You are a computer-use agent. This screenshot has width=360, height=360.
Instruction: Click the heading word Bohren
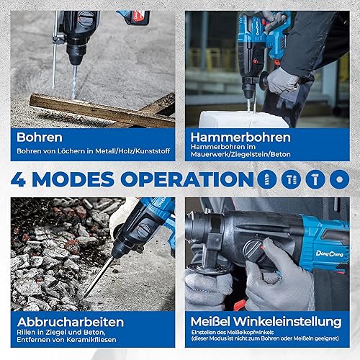pos(40,138)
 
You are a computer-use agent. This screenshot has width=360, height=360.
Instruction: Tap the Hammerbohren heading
pos(240,138)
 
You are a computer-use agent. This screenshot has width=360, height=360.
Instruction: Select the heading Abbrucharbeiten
pos(71,322)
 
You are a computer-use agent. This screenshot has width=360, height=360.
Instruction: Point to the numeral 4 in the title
pos(18,179)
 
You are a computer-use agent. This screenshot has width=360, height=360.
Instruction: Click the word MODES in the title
pos(73,179)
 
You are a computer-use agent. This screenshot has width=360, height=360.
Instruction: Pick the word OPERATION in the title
pos(187,179)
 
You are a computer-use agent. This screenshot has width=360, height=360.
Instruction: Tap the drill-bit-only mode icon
pos(266,179)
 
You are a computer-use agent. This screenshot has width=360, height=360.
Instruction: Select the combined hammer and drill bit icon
pos(291,179)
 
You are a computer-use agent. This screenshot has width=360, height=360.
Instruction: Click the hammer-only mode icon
pos(315,179)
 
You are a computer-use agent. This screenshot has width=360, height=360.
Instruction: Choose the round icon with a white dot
pos(339,179)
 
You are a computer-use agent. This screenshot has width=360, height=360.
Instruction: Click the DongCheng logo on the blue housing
pos(330,253)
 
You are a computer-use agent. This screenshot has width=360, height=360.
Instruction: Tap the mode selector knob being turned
pos(254,251)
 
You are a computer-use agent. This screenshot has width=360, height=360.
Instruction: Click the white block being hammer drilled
pos(243,120)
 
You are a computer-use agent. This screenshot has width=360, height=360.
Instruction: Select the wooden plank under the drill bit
pos(102,111)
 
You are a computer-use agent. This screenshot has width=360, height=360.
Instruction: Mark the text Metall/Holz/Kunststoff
pos(132,151)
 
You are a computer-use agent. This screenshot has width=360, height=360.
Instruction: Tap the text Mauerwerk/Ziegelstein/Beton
pos(240,154)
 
